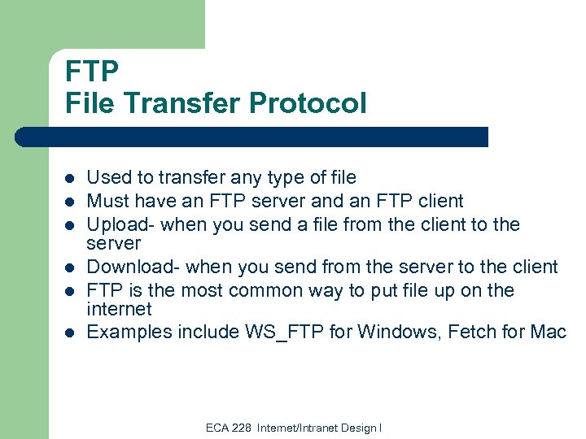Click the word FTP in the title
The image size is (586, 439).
coord(92,71)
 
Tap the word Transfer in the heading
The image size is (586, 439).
coord(188,103)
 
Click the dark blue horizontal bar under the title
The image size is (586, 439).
coord(252,137)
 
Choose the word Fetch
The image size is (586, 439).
coord(466,332)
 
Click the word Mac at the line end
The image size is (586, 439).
coord(548,332)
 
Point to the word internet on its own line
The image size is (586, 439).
coord(119,309)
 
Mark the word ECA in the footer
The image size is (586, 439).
coord(217,428)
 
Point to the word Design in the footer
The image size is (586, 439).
coord(362,428)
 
